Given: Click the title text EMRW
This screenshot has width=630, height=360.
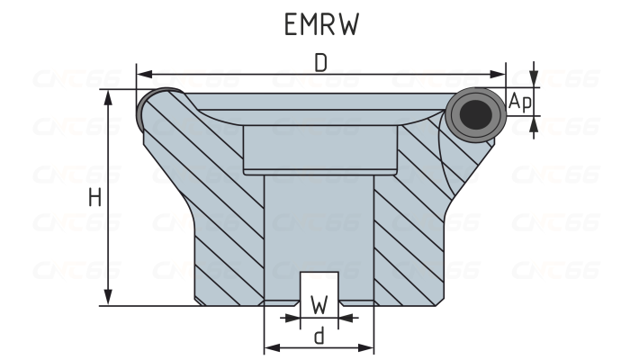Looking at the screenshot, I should tap(320, 24).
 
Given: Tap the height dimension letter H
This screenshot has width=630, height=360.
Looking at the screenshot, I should tap(94, 198).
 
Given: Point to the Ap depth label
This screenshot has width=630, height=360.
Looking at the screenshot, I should tap(520, 103).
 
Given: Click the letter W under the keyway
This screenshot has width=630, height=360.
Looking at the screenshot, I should tap(319, 303).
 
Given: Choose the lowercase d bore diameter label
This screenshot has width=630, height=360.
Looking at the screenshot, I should tap(319, 336).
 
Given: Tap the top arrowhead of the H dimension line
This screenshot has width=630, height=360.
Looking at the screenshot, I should tap(109, 97).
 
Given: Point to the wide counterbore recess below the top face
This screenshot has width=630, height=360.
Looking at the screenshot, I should tap(319, 148).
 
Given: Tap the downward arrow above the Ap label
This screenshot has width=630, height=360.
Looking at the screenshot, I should tap(535, 80).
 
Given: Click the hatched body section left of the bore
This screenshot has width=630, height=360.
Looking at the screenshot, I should tap(220, 225).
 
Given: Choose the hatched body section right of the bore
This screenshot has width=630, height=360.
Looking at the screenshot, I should tap(414, 225).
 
